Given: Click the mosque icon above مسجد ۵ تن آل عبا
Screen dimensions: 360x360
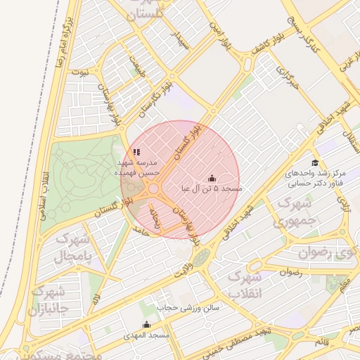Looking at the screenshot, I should (x=212, y=179).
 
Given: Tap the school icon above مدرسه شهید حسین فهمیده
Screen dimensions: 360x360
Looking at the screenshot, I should (x=136, y=151).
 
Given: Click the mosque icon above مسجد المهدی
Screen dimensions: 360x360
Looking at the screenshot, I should (x=146, y=324).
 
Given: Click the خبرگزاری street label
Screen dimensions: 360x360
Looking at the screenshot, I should (x=287, y=82).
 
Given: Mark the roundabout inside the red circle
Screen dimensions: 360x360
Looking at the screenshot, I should (x=153, y=189).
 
